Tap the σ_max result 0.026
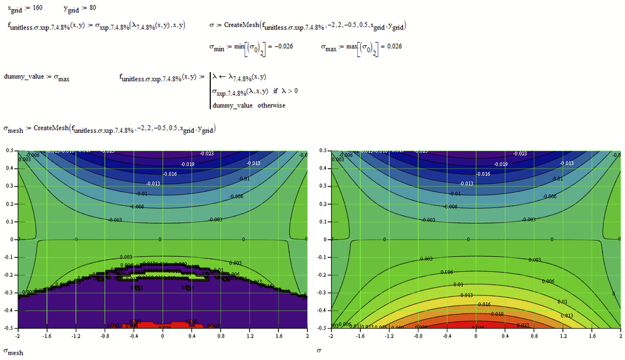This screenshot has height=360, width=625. click(393, 47)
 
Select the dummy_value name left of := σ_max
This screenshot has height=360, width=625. click(22, 77)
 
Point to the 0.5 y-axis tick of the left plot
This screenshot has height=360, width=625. click(9, 151)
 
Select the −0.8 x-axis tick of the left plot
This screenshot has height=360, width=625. click(104, 336)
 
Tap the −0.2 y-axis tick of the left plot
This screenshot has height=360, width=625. click(9, 275)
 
